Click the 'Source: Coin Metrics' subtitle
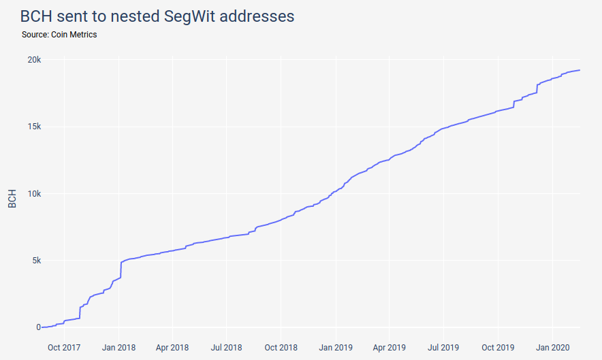pos(59,35)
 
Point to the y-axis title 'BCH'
pos(12,197)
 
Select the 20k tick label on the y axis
pos(34,60)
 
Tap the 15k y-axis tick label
pos(34,127)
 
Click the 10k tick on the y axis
pos(34,193)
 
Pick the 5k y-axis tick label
pos(36,260)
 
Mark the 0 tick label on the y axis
pos(39,327)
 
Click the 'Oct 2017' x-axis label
pos(65,347)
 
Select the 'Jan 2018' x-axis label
pos(119,347)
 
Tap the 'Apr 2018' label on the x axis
pos(172,347)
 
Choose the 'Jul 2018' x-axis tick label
pos(226,347)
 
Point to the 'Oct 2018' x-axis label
pos(281,347)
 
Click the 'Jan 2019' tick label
pos(335,347)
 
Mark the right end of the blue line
pos(580,70)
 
